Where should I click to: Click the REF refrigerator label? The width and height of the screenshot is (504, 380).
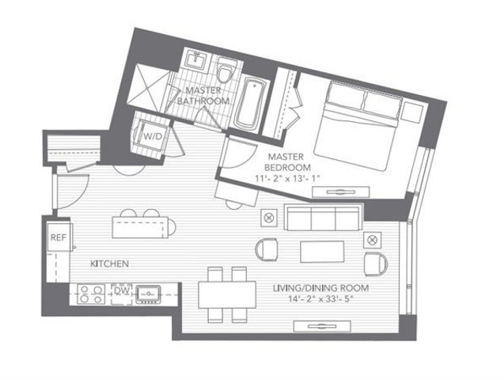[x=57, y=237]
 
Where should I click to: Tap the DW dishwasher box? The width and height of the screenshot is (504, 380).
[x=121, y=291]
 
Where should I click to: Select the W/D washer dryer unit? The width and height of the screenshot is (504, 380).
[x=150, y=135]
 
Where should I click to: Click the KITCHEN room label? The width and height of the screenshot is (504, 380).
[x=109, y=264]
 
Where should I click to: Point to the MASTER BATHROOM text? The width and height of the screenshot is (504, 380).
[x=203, y=97]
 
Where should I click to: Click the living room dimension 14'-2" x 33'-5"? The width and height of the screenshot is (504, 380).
[x=321, y=300]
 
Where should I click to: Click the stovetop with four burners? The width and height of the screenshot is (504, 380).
[x=91, y=294]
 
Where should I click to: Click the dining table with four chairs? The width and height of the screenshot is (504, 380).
[x=228, y=296]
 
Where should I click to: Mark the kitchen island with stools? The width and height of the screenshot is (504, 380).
[x=142, y=227]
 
